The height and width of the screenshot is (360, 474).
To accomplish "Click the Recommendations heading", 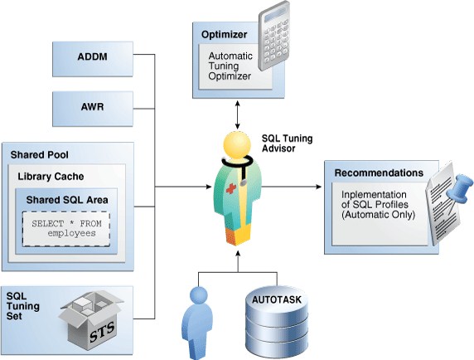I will tap(379, 173).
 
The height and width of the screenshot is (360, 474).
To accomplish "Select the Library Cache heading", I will tap(51, 177).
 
